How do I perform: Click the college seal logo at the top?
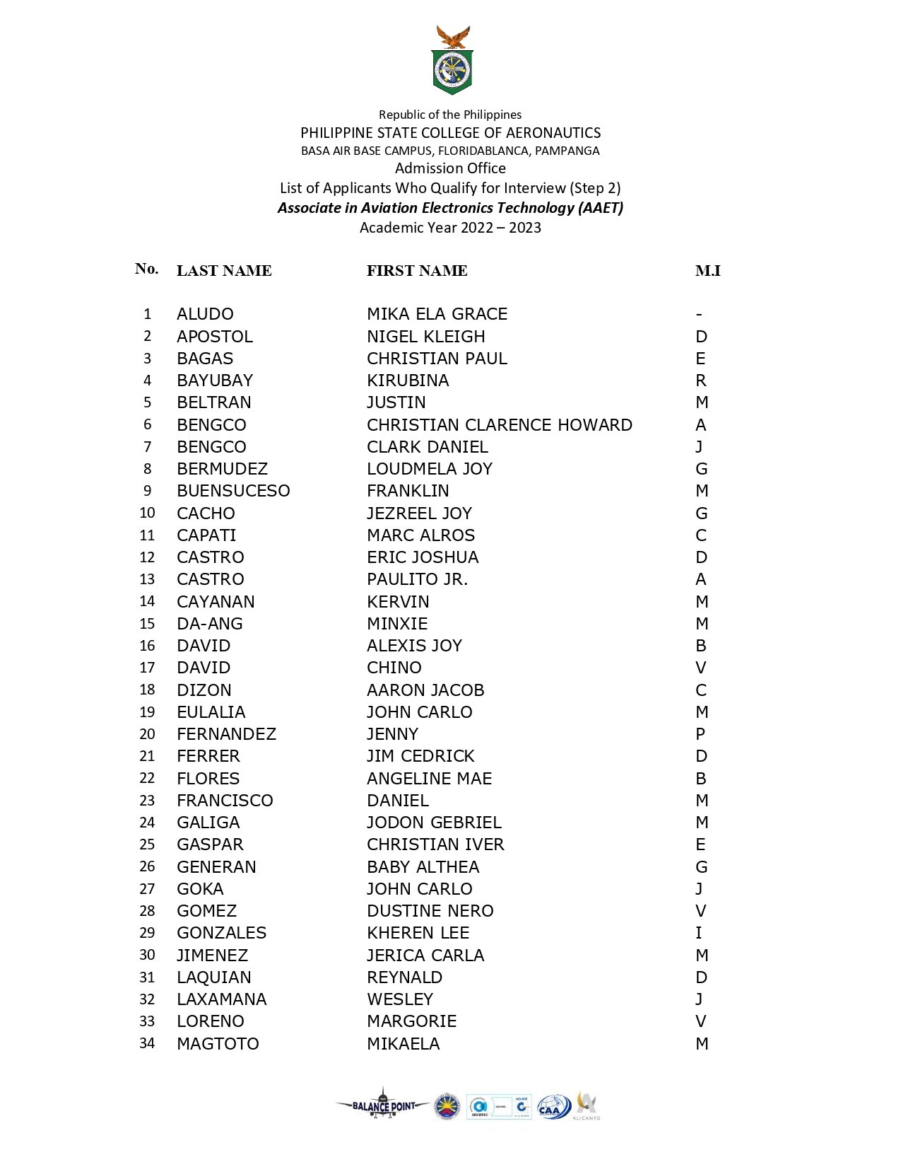(452, 62)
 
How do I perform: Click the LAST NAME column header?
(224, 271)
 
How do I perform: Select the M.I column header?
(707, 271)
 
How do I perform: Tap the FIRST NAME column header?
(417, 271)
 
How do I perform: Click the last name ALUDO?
(205, 314)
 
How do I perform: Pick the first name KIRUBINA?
(408, 381)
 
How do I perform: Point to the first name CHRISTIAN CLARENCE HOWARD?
(499, 425)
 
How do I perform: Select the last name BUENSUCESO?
(233, 491)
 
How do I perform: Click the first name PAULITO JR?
(417, 579)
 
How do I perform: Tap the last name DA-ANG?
(210, 624)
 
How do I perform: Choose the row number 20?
(147, 734)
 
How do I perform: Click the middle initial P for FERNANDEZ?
(700, 734)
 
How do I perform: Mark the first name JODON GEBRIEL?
(434, 823)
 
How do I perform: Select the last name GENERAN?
(216, 867)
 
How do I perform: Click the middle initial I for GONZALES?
(699, 933)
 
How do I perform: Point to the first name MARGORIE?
(411, 1021)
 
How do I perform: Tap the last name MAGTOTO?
(218, 1044)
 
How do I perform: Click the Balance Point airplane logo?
(383, 1105)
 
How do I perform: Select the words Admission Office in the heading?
(450, 168)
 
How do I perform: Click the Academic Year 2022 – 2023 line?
(450, 228)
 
